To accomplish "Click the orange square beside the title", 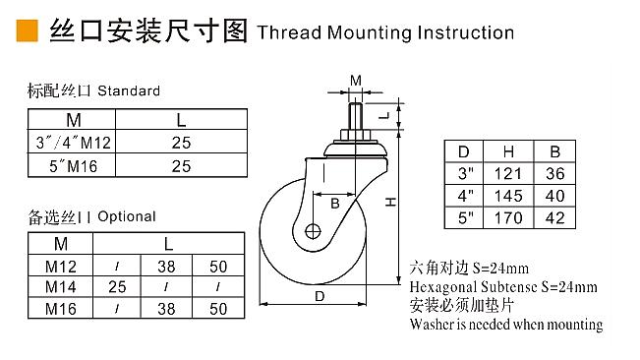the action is pyautogui.click(x=27, y=31).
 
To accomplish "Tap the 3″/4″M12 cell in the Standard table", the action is pyautogui.click(x=74, y=143).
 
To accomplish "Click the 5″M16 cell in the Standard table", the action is pyautogui.click(x=74, y=166).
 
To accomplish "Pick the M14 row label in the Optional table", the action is pyautogui.click(x=60, y=287).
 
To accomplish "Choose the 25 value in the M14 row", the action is pyautogui.click(x=117, y=287).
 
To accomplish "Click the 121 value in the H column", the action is pyautogui.click(x=508, y=174).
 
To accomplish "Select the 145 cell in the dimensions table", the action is pyautogui.click(x=508, y=196).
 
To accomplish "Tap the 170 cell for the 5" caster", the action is pyautogui.click(x=508, y=218).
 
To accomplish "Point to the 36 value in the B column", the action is pyautogui.click(x=555, y=174).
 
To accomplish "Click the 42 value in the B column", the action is pyautogui.click(x=555, y=218).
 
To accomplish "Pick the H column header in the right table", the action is pyautogui.click(x=508, y=151).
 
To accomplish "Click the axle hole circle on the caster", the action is pyautogui.click(x=313, y=232).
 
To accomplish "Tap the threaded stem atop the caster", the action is pyautogui.click(x=356, y=117).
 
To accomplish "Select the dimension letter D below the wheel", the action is pyautogui.click(x=320, y=296).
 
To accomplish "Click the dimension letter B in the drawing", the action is pyautogui.click(x=334, y=204).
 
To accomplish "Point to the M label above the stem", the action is pyautogui.click(x=356, y=81).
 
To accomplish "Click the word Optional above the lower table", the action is pyautogui.click(x=127, y=216).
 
